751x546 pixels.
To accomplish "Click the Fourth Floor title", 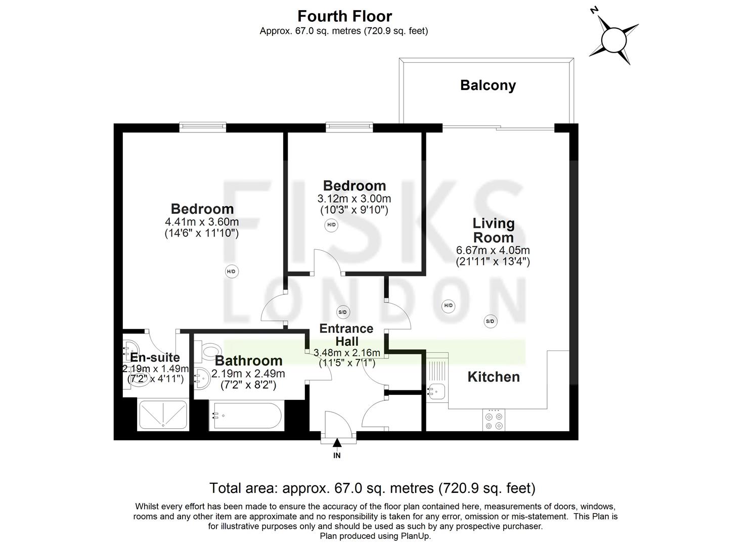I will click(x=344, y=16).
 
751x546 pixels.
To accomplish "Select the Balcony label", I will click(x=488, y=85).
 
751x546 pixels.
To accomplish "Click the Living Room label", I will click(x=493, y=230).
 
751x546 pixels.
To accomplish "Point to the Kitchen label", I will click(x=493, y=377).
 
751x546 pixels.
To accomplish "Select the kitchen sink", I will click(x=435, y=391).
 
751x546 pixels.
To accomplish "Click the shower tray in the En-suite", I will click(x=162, y=416).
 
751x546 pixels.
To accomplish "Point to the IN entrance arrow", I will click(x=337, y=444).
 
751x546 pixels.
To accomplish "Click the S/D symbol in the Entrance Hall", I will click(x=342, y=312).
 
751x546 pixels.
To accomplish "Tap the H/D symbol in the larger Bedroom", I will click(x=231, y=271).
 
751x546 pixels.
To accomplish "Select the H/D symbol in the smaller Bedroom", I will click(x=331, y=224).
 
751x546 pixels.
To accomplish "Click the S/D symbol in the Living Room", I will click(x=490, y=321).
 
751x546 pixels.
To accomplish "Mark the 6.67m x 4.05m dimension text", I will click(x=493, y=250).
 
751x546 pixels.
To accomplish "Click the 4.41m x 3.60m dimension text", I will click(x=202, y=221).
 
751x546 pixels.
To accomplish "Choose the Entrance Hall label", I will click(x=346, y=335).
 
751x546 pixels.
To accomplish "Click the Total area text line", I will click(x=372, y=488).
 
